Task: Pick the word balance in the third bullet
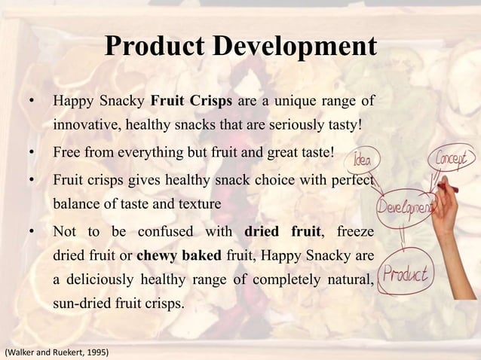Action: tap(75, 204)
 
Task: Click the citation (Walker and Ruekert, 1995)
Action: tap(57, 351)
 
